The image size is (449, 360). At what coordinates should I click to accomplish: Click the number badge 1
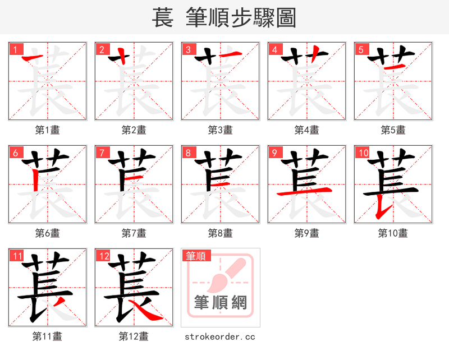(14, 49)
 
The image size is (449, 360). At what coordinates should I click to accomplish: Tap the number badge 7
(101, 153)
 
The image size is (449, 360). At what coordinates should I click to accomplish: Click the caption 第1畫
(48, 130)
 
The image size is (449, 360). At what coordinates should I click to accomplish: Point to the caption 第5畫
(393, 130)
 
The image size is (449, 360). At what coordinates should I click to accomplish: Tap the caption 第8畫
(221, 233)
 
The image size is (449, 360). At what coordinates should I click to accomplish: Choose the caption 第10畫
(393, 233)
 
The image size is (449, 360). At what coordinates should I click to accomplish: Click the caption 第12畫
(134, 336)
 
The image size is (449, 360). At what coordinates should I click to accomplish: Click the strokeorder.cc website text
(221, 336)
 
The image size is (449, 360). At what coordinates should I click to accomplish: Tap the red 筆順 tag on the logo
(196, 256)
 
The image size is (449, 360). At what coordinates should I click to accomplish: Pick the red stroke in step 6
(35, 181)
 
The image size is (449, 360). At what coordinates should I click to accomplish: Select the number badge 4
(274, 49)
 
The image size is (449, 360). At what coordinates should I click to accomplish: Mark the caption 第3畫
(221, 130)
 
